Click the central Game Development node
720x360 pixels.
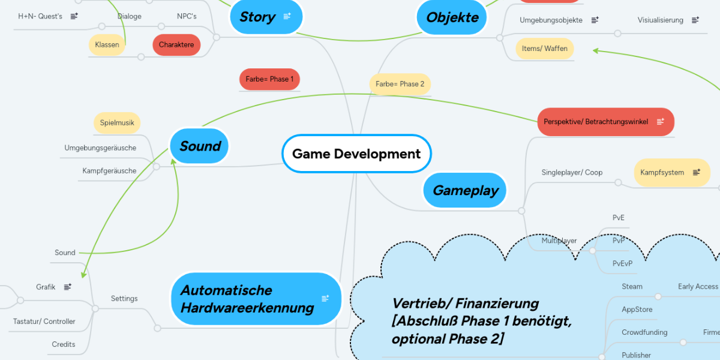(356, 154)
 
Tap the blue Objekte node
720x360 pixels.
(452, 17)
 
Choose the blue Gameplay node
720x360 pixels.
(466, 191)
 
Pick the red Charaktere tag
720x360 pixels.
(176, 45)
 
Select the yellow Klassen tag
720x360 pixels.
(107, 45)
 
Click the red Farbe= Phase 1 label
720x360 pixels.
(269, 79)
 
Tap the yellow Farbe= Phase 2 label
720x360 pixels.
(400, 84)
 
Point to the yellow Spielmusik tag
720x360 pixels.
(117, 123)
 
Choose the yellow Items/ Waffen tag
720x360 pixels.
(544, 49)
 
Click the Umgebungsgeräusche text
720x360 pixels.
(100, 148)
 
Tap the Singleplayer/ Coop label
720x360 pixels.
(572, 172)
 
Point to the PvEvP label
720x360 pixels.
(622, 263)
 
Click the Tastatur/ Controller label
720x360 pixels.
(44, 322)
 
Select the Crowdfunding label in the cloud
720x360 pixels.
(644, 332)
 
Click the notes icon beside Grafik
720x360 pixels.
(68, 287)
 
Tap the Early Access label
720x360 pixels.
(698, 287)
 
